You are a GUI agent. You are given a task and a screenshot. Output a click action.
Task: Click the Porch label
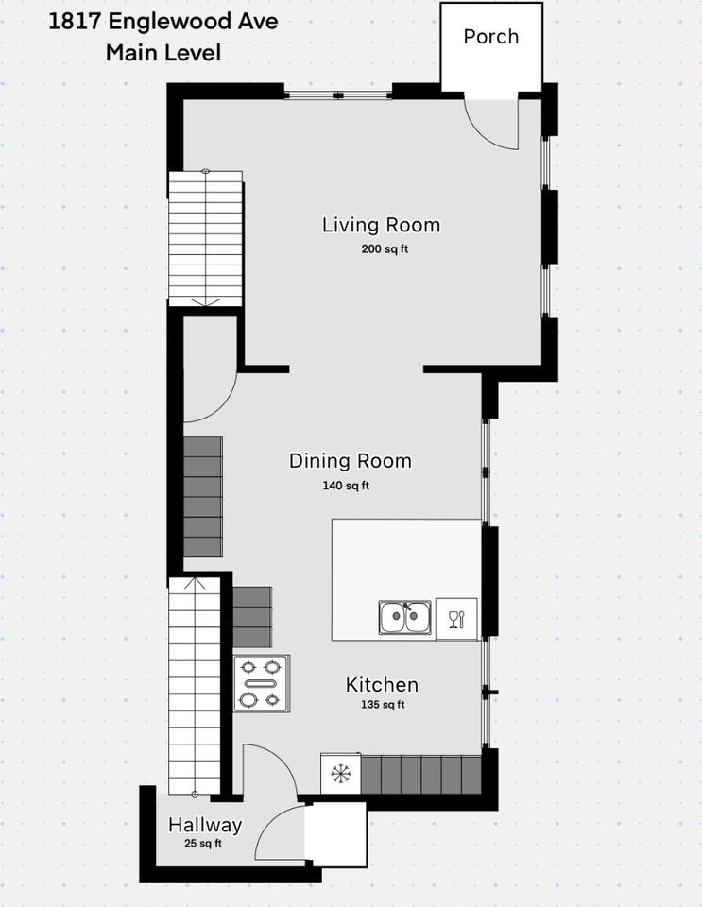pyautogui.click(x=490, y=37)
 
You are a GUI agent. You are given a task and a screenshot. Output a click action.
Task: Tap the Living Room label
pyautogui.click(x=381, y=225)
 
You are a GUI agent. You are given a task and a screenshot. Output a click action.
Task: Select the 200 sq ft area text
pyautogui.click(x=384, y=249)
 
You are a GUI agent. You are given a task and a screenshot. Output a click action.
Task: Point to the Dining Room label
pyautogui.click(x=350, y=461)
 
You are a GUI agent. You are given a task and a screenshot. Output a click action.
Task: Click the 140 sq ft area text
pyautogui.click(x=346, y=486)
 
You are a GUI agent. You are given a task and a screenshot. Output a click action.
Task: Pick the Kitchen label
pyautogui.click(x=382, y=685)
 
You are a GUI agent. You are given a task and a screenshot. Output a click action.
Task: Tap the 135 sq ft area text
pyautogui.click(x=382, y=705)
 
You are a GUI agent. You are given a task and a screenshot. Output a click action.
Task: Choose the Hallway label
pyautogui.click(x=205, y=825)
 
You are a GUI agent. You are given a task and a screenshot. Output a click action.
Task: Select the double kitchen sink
pyautogui.click(x=405, y=618)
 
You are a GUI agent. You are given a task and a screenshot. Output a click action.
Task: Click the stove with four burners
pyautogui.click(x=262, y=683)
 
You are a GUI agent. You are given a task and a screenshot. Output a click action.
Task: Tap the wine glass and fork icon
pyautogui.click(x=456, y=619)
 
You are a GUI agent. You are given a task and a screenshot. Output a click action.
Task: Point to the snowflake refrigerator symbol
pyautogui.click(x=340, y=774)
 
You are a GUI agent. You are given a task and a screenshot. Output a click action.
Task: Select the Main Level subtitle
pyautogui.click(x=163, y=52)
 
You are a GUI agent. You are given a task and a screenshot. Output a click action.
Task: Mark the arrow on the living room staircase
pyautogui.click(x=205, y=301)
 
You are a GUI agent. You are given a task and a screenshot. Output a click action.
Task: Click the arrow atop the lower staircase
pyautogui.click(x=194, y=583)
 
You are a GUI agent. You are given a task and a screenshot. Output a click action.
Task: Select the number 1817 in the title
pyautogui.click(x=73, y=21)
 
